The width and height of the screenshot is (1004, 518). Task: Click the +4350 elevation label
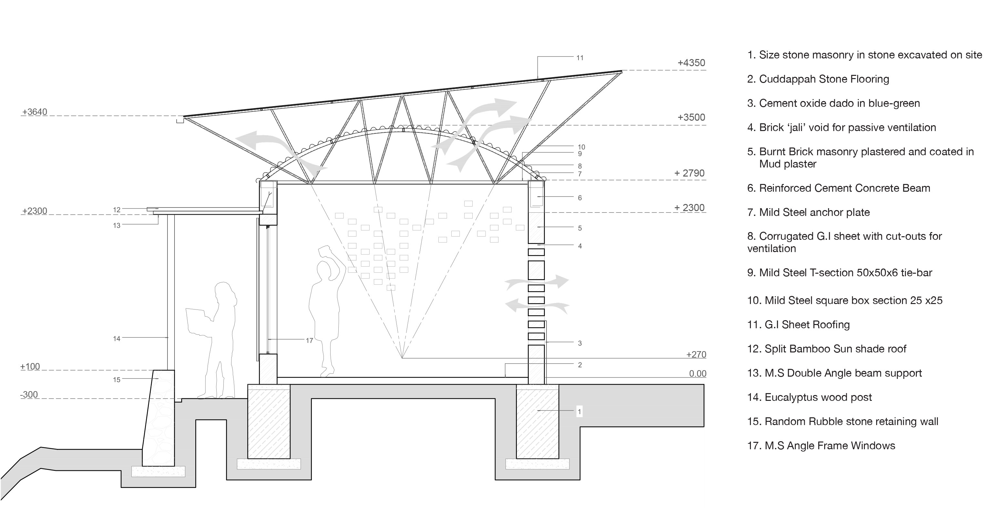691,63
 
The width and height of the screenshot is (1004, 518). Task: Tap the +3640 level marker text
35,112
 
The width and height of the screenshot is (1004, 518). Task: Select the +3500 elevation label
691,117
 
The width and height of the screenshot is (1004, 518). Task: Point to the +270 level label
696,354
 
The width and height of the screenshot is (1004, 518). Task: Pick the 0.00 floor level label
697,373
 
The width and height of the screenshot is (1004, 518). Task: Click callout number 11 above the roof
579,58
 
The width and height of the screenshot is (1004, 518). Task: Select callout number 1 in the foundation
579,411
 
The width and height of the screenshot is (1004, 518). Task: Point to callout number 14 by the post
117,339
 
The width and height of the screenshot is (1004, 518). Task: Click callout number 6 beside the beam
579,198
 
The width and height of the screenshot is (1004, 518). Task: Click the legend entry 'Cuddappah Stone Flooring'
818,79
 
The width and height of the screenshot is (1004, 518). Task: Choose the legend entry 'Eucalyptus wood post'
809,397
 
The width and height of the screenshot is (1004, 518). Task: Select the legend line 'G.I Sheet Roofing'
798,325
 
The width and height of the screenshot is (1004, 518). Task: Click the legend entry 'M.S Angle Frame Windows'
821,445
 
